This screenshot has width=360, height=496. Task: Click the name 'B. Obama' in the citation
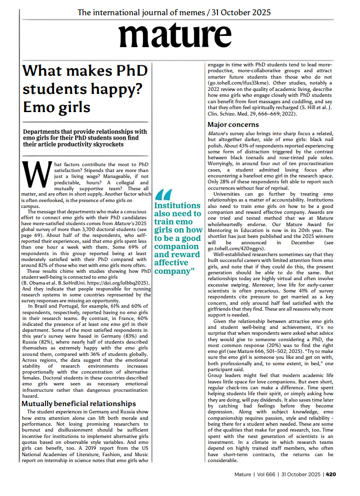[37, 283]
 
